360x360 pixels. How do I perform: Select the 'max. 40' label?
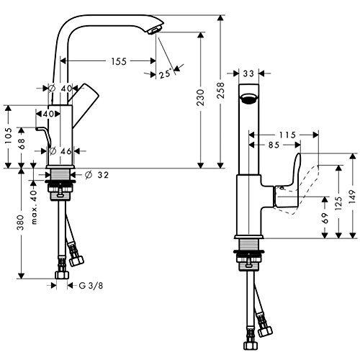33,207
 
